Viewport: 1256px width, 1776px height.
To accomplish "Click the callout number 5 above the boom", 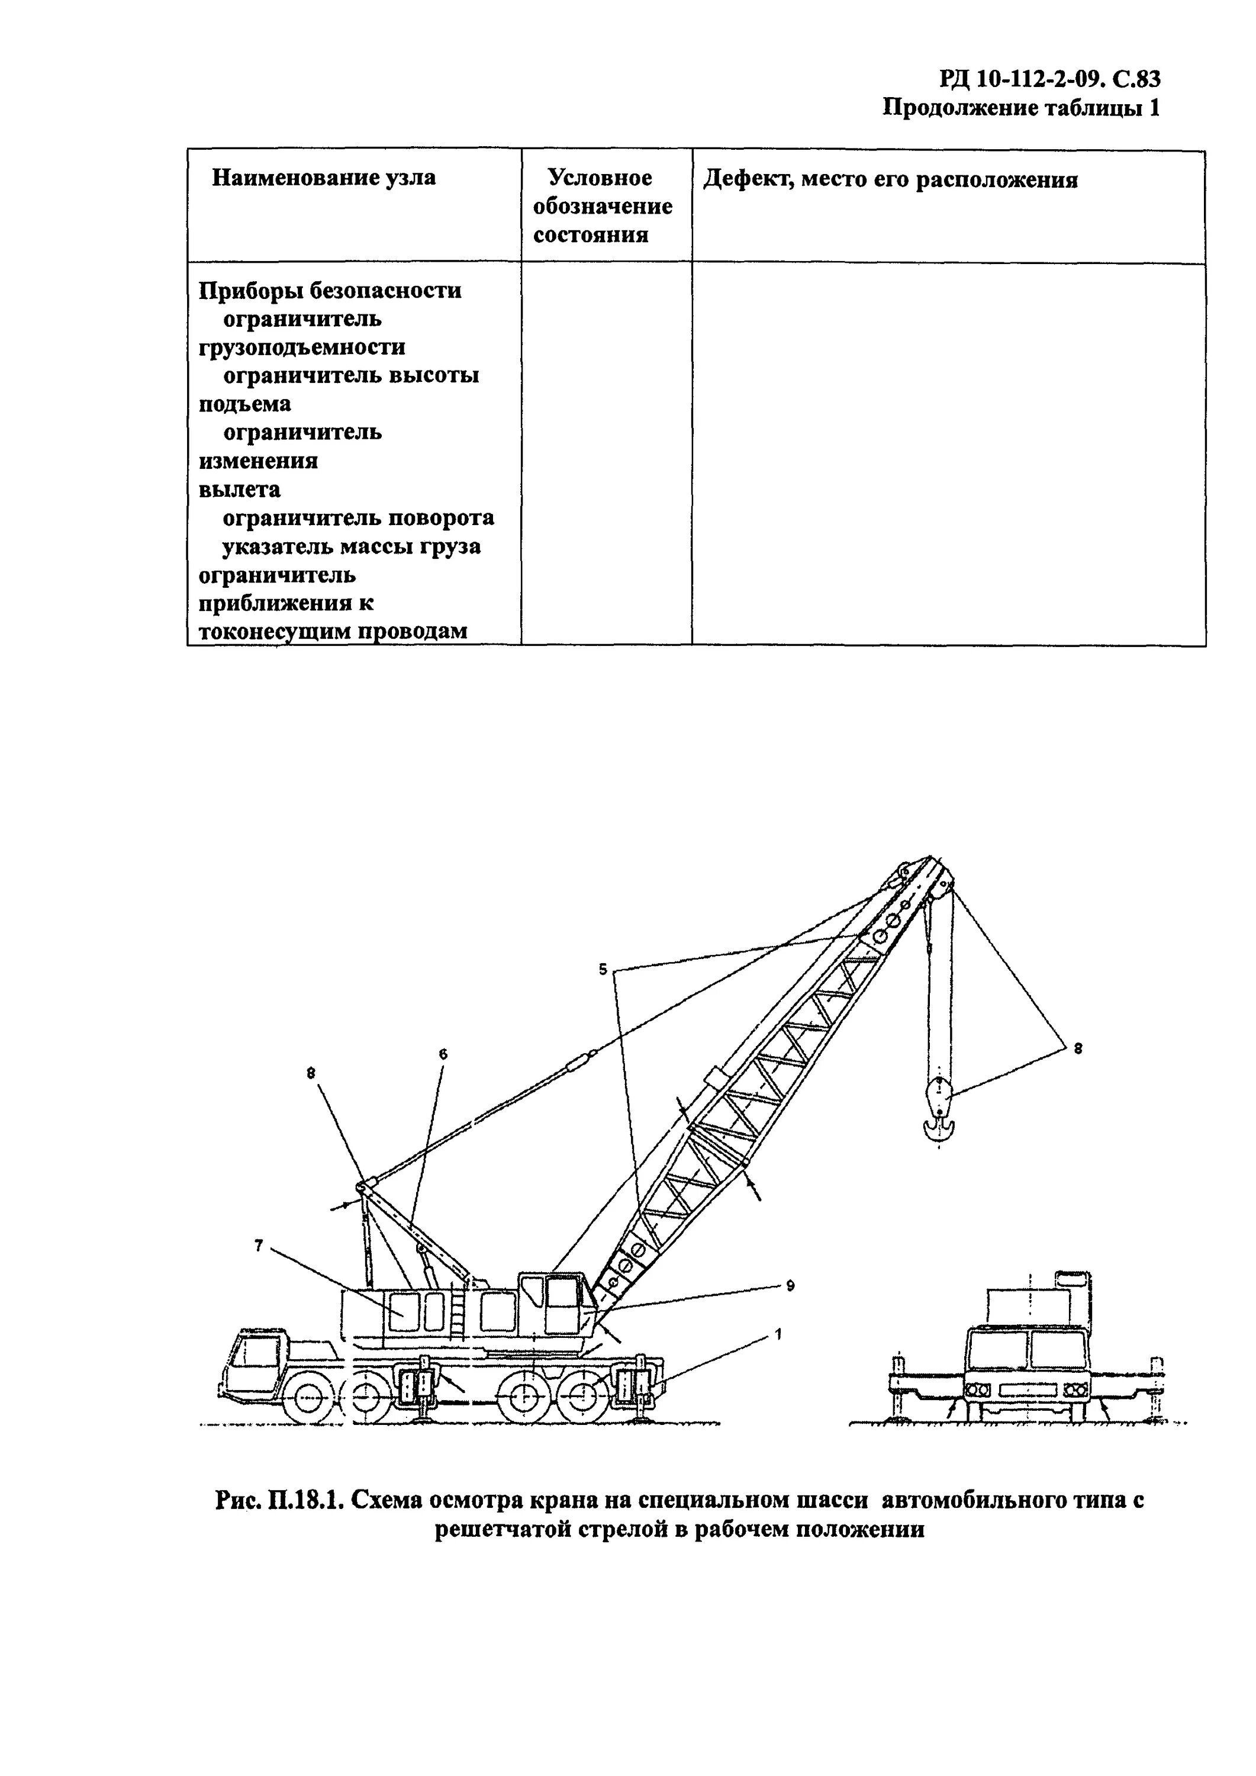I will click(x=603, y=969).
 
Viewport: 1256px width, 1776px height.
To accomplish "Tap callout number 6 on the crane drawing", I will click(x=443, y=1054).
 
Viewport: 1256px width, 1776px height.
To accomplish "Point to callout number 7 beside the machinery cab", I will click(x=259, y=1244).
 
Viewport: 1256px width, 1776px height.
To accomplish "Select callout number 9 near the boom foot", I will click(x=790, y=1286).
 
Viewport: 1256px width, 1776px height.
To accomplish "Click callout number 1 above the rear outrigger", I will click(x=778, y=1334).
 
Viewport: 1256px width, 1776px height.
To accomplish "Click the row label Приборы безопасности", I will click(x=330, y=290).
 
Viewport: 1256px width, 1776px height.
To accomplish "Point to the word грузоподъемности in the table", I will click(x=302, y=348).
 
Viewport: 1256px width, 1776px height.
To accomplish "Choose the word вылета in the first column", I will click(x=240, y=490).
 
